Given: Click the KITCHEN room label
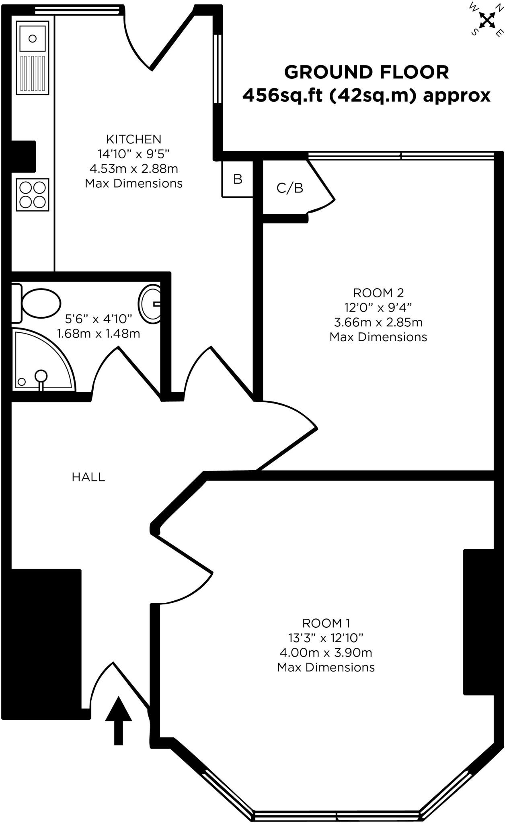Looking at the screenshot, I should pyautogui.click(x=133, y=139).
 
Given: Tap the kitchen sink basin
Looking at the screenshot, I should pyautogui.click(x=33, y=38).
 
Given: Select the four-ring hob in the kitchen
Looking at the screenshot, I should pyautogui.click(x=33, y=194).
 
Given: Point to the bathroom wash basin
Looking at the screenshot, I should pyautogui.click(x=150, y=304).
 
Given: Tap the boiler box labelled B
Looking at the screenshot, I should pyautogui.click(x=238, y=179).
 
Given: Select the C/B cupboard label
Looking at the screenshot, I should pyautogui.click(x=289, y=188).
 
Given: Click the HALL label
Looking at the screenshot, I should pyautogui.click(x=88, y=477).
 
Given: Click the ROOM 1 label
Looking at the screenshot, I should pyautogui.click(x=326, y=623).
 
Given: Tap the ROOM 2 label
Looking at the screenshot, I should pyautogui.click(x=378, y=293).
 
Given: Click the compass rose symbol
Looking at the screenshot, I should pyautogui.click(x=487, y=20).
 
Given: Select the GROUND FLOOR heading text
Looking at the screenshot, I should pyautogui.click(x=366, y=72).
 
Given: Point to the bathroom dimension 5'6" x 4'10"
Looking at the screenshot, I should pyautogui.click(x=99, y=319).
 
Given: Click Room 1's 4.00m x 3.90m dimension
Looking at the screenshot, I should pyautogui.click(x=326, y=653).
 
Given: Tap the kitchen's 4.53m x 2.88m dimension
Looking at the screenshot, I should pyautogui.click(x=133, y=168).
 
